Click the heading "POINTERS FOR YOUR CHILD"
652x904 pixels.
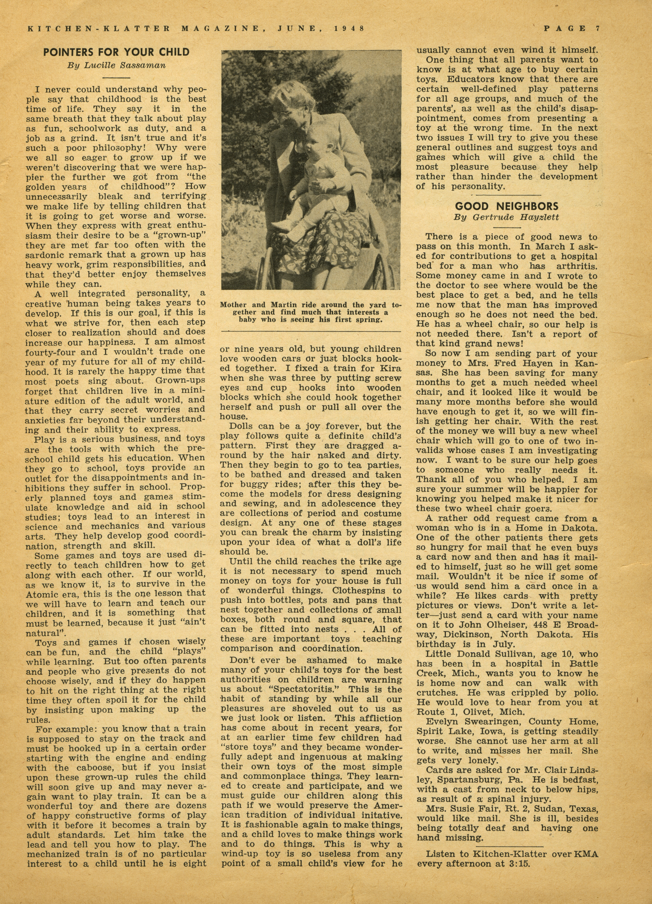click(x=116, y=52)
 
